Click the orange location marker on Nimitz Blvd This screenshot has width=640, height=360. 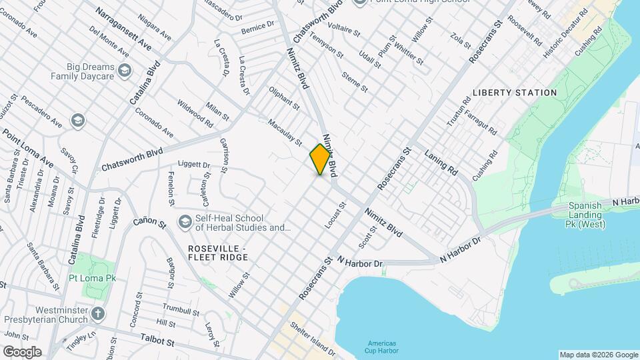point(321,159)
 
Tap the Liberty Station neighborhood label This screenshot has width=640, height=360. point(514,93)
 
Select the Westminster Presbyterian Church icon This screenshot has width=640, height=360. point(98,313)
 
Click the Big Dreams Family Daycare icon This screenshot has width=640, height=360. point(124,70)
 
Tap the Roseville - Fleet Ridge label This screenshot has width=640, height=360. point(217,253)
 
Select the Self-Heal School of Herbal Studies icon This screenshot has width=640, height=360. point(185,221)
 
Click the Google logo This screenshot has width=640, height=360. point(22,352)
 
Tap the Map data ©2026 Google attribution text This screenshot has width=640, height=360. point(598,355)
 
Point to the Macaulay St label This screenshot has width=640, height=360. point(285,132)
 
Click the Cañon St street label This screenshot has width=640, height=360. point(149,222)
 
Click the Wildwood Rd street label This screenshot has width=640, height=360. point(195,114)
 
